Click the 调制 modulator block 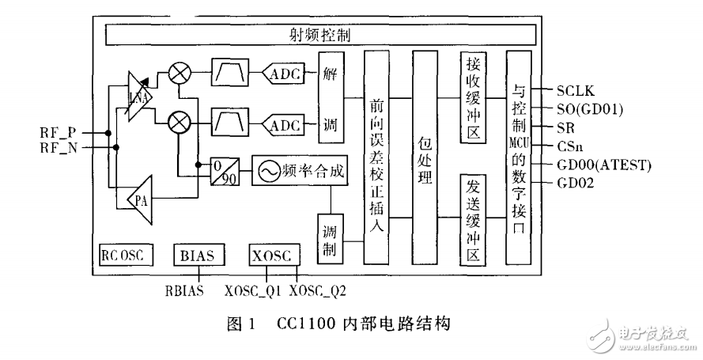coord(330,241)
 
